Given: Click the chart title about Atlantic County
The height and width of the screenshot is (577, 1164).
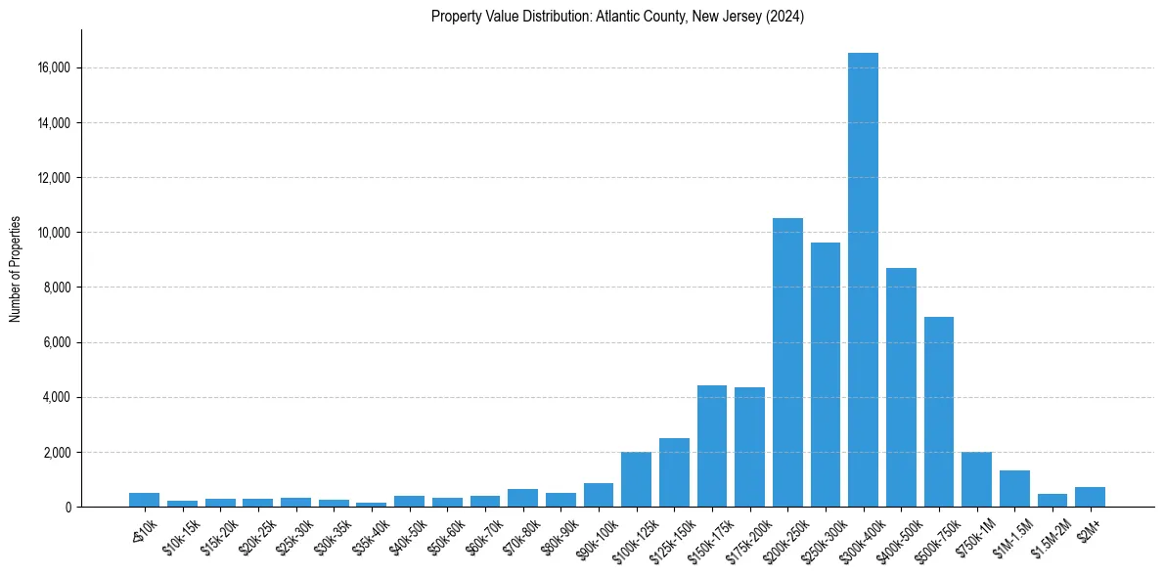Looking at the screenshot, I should (617, 17).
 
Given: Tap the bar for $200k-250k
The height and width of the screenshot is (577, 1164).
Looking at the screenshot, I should (787, 362).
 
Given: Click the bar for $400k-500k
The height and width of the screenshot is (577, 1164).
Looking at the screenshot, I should (901, 387).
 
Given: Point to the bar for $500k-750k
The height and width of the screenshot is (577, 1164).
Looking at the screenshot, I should (939, 412).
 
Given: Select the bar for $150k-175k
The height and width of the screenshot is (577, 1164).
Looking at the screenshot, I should (712, 446).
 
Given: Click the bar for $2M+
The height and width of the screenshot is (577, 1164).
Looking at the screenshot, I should (1090, 497).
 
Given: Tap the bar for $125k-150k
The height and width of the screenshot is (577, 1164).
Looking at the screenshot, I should (674, 472).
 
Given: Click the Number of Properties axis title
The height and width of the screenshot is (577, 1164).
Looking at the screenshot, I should (16, 269).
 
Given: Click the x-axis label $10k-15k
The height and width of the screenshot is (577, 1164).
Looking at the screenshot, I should (182, 534).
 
